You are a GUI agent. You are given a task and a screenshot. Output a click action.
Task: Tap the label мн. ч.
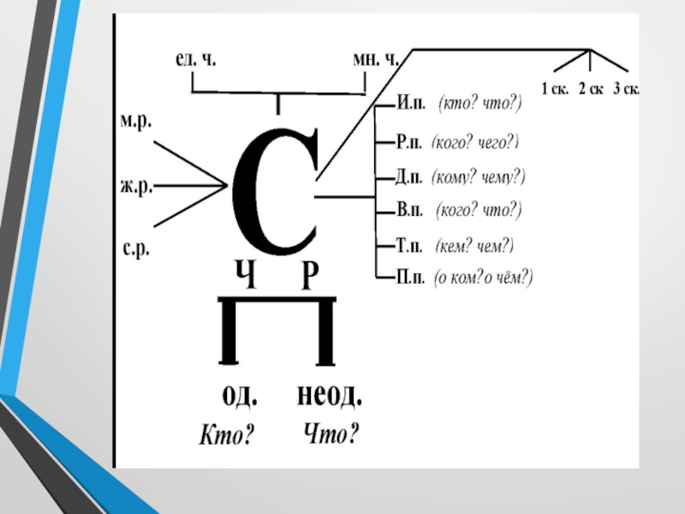coord(375,61)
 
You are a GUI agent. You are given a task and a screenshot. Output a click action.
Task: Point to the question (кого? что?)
coord(478,210)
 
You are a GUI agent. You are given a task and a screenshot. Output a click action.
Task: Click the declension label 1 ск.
coord(555,88)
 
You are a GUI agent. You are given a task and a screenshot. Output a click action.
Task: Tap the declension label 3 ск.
coord(627,88)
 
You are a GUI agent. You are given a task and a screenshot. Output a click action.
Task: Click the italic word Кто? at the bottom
coord(226,436)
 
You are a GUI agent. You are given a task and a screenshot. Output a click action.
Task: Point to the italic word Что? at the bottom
coord(331,435)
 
